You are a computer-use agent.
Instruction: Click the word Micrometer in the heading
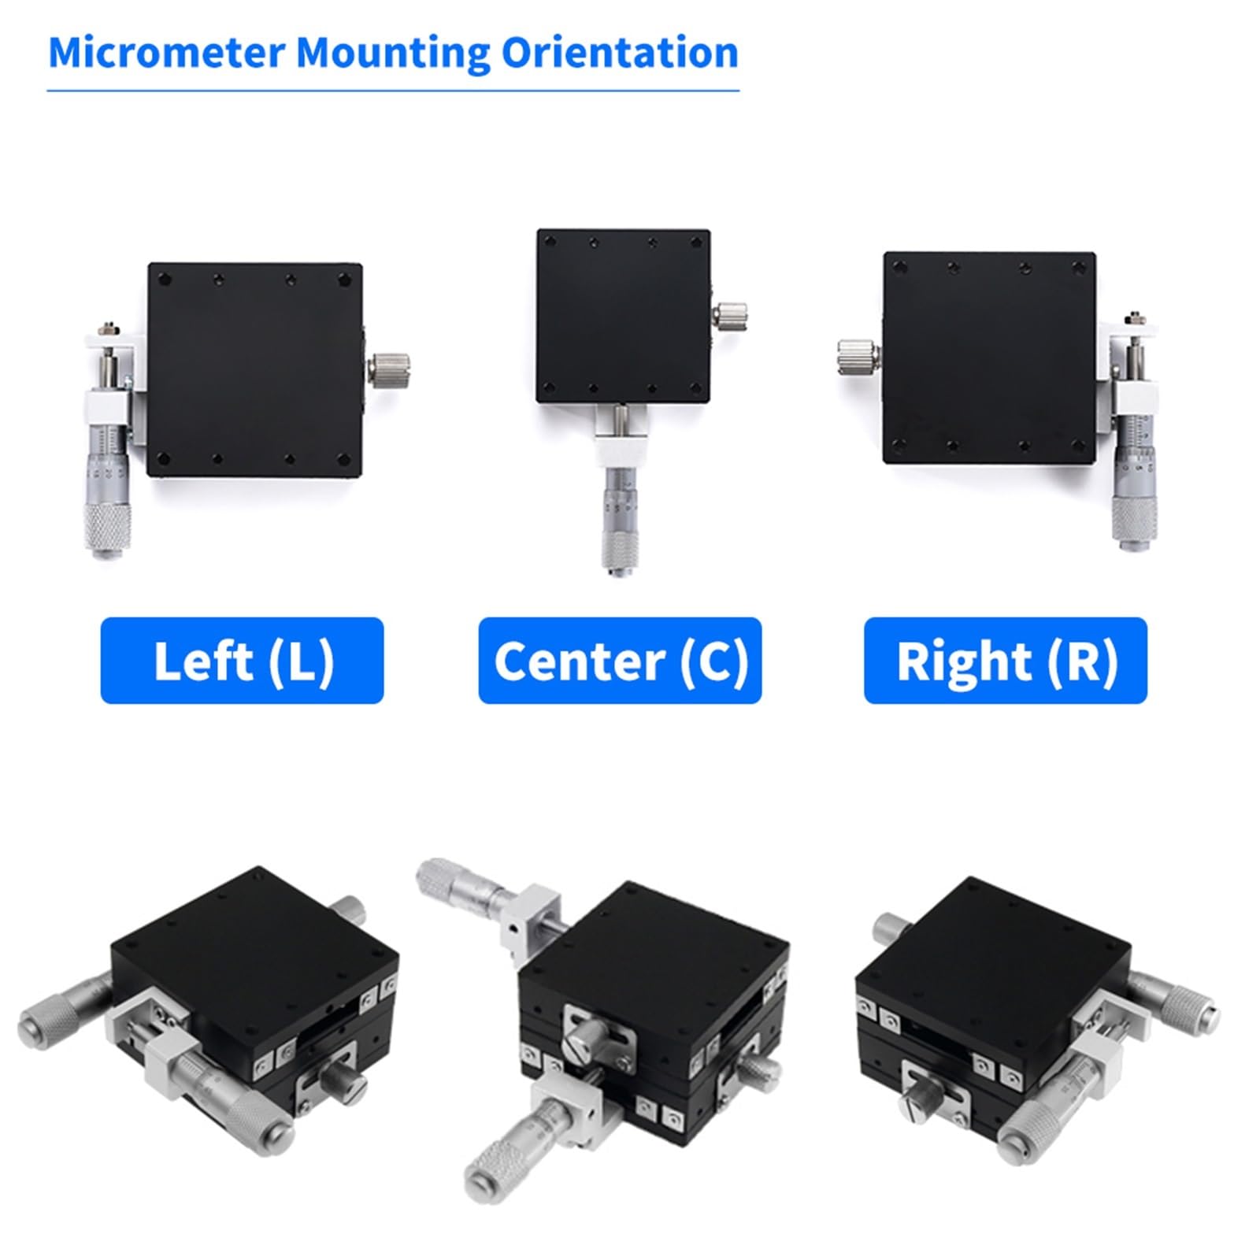(166, 53)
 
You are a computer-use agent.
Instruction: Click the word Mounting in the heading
(393, 54)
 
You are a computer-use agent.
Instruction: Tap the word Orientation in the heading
(620, 53)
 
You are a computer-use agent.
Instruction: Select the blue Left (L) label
(242, 660)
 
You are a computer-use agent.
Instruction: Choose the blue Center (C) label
(620, 660)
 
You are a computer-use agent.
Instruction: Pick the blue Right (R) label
(1006, 660)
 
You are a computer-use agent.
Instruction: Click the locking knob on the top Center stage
(731, 316)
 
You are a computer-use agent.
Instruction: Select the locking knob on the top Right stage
(858, 356)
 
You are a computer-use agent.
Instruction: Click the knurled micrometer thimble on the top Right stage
(1135, 520)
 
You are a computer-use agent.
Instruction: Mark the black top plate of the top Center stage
(624, 317)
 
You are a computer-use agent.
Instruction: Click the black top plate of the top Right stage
(990, 358)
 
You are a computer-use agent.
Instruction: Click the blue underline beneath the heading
(393, 91)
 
